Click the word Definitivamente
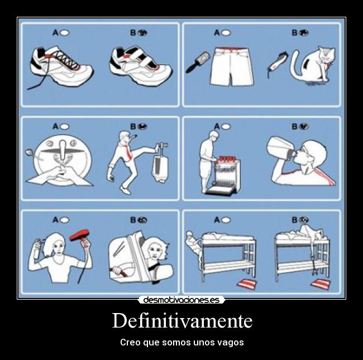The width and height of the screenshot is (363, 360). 181,321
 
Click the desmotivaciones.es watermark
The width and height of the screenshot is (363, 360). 181,300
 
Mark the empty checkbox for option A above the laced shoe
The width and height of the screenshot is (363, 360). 65,32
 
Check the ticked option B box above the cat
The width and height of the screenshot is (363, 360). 304,32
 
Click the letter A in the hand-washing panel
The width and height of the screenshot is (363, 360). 55,126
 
